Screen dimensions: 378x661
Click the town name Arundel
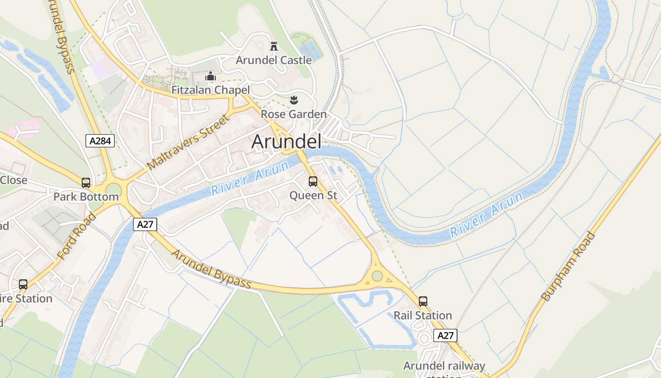click(286, 142)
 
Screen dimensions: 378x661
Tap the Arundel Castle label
click(274, 60)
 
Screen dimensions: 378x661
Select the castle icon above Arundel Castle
click(273, 46)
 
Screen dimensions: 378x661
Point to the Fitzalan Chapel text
click(211, 90)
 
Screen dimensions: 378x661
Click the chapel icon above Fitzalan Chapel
click(210, 76)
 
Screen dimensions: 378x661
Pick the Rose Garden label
click(294, 114)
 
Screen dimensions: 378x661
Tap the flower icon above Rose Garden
click(294, 100)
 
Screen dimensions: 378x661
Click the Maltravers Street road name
click(188, 142)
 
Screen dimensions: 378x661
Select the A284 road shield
click(100, 140)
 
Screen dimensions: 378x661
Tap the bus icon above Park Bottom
click(85, 183)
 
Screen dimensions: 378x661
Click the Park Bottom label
click(85, 197)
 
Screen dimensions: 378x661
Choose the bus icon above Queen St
click(313, 181)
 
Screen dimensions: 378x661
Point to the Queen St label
click(313, 195)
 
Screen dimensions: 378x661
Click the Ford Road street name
click(76, 236)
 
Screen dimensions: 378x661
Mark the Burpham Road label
click(568, 266)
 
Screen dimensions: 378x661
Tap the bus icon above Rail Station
click(423, 301)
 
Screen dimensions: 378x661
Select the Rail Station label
click(423, 315)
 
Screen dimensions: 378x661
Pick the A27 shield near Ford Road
click(145, 224)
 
